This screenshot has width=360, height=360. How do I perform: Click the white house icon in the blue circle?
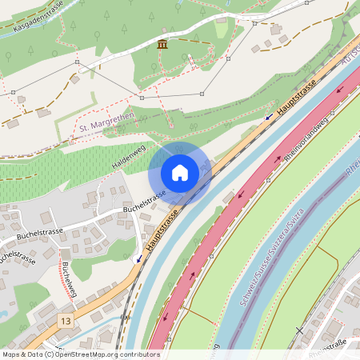tap(180, 172)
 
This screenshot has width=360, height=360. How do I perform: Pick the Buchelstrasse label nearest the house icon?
tap(144, 202)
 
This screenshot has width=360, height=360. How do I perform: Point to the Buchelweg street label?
tap(68, 280)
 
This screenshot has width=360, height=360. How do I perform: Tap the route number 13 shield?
tap(65, 320)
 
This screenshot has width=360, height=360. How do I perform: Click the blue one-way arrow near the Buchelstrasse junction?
tap(138, 258)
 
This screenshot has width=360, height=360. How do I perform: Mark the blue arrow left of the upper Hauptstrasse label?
tap(269, 117)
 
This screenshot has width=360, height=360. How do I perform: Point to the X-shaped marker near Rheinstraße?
tap(300, 330)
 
